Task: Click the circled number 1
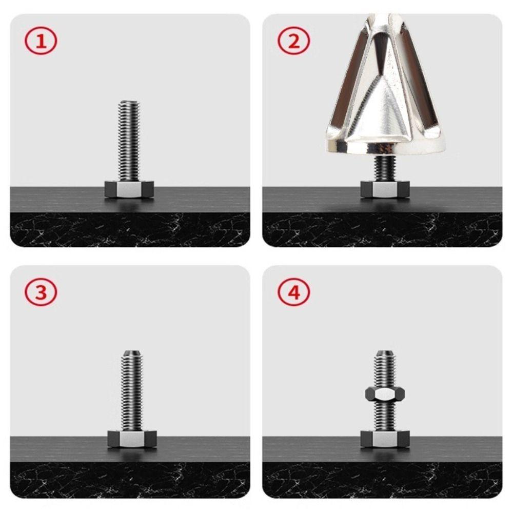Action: (x=41, y=42)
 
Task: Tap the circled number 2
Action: (x=294, y=42)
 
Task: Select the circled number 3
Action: (x=41, y=293)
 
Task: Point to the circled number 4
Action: (x=294, y=293)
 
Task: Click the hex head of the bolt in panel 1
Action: (x=129, y=189)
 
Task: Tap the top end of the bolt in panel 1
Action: (x=129, y=103)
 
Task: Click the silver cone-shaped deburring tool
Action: (x=385, y=87)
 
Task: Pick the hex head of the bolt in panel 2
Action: (x=385, y=189)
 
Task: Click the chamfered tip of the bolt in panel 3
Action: (x=132, y=353)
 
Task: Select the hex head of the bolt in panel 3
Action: (x=132, y=439)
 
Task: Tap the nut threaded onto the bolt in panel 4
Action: (x=385, y=393)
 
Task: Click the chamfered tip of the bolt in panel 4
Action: (x=385, y=353)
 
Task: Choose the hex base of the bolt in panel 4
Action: (x=385, y=439)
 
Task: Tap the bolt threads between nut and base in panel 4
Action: (x=385, y=417)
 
